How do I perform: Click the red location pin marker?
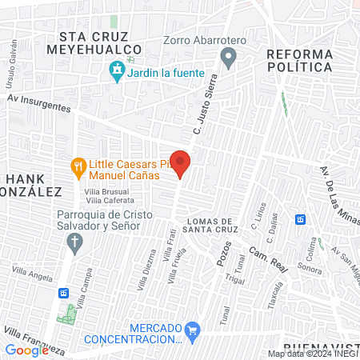[180, 163]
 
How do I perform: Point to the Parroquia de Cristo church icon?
[76, 243]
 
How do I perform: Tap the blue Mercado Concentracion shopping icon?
[192, 330]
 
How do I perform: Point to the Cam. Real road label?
[267, 258]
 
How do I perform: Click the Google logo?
[26, 350]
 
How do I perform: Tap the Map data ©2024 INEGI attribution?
[312, 354]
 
